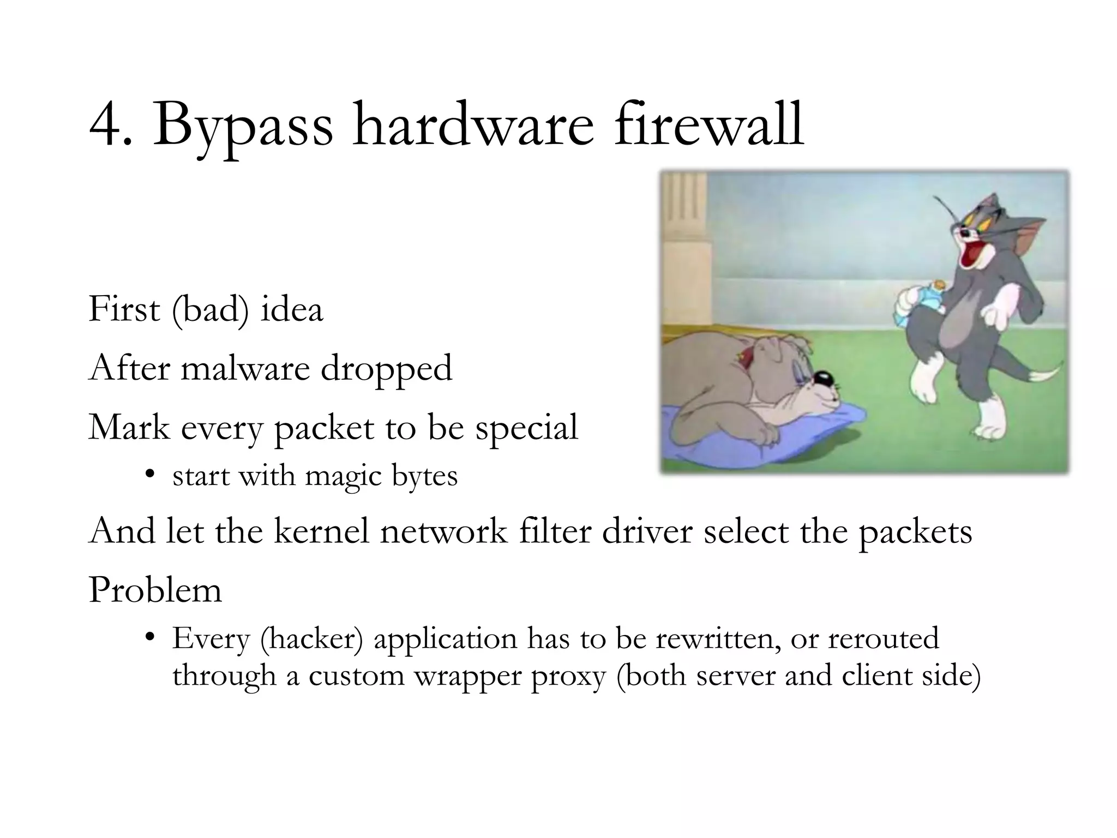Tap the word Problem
[155, 590]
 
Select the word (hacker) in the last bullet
[311, 638]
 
